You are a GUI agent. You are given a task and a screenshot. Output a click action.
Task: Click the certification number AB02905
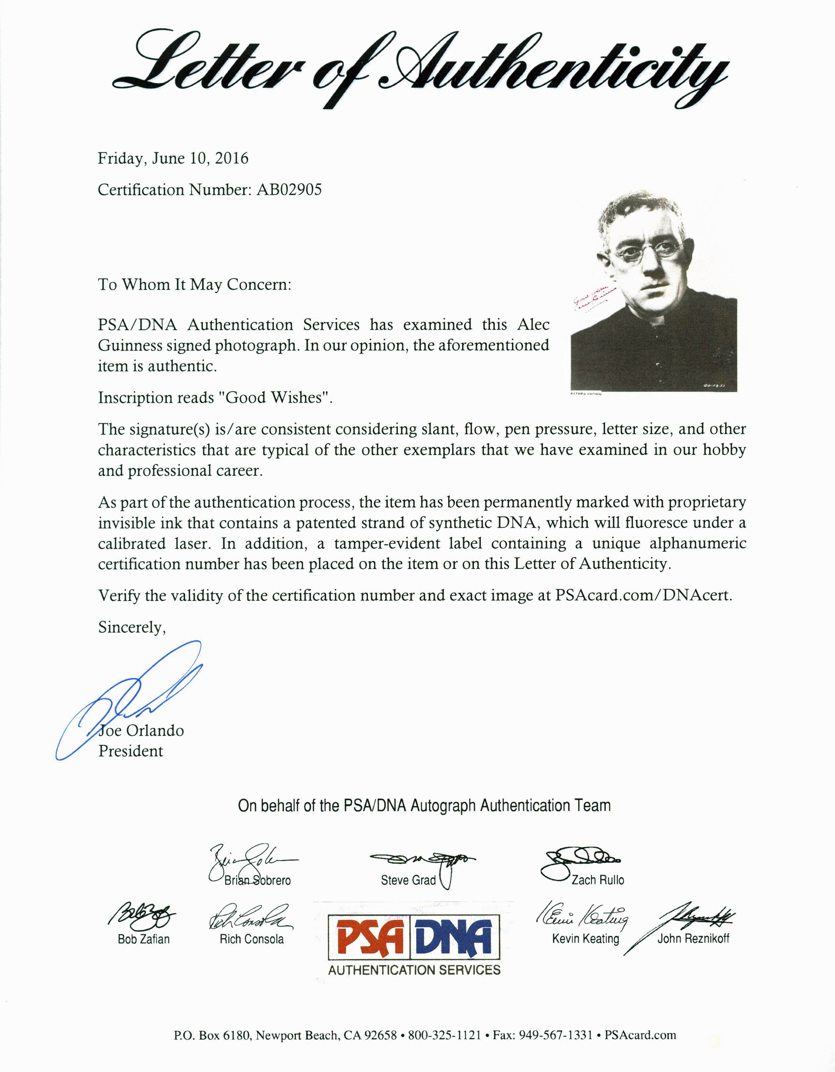[x=289, y=190]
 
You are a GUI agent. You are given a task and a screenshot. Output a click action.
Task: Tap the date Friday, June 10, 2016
[x=173, y=159]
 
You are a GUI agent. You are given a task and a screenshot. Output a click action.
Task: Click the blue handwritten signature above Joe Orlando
[x=132, y=697]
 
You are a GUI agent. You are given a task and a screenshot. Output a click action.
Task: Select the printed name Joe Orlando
[x=141, y=731]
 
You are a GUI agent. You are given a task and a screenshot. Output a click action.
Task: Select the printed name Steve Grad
[x=408, y=880]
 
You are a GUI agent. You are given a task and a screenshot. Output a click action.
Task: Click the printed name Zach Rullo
[x=598, y=880]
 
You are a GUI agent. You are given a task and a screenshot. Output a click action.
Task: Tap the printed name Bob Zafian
[x=143, y=939]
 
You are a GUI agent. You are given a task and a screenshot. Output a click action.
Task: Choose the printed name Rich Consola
[x=251, y=939]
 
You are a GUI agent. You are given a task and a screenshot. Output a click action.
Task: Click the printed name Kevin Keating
[x=585, y=939]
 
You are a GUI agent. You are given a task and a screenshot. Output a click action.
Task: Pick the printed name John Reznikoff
[x=693, y=939]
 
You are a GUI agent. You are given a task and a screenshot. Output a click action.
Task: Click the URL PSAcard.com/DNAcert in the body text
[x=643, y=595]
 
